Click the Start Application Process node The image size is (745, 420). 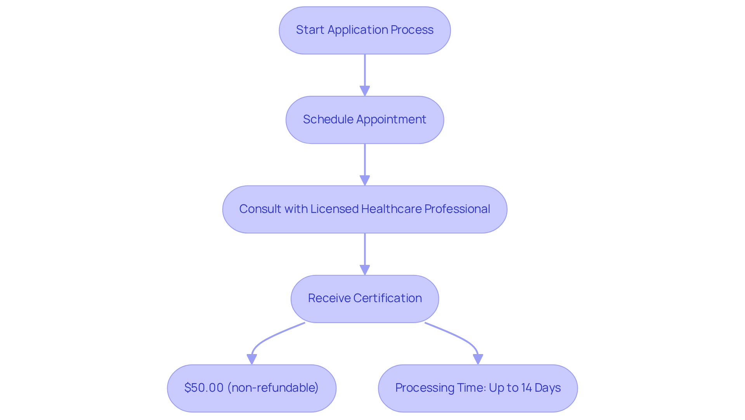click(x=365, y=30)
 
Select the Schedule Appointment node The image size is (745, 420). click(x=365, y=120)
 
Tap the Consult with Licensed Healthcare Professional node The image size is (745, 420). click(x=365, y=209)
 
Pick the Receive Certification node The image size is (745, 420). click(x=365, y=299)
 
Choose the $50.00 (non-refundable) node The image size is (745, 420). click(x=252, y=388)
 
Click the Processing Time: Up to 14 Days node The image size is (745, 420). click(x=478, y=388)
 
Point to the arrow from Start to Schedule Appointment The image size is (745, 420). click(x=365, y=75)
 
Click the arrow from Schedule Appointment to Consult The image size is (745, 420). click(x=365, y=165)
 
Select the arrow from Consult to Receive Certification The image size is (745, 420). click(x=365, y=254)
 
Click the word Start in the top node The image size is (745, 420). click(x=310, y=30)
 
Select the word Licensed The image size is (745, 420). click(x=334, y=209)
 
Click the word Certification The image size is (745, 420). click(x=388, y=298)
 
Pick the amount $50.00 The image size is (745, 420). click(x=204, y=388)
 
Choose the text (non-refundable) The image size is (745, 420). click(x=273, y=388)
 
